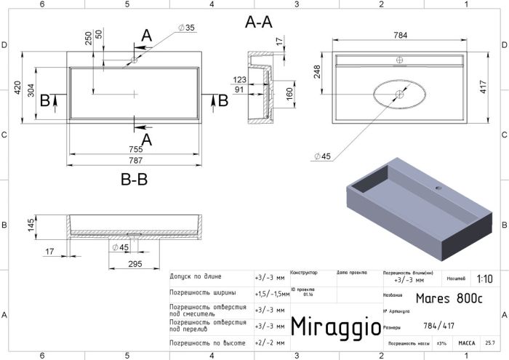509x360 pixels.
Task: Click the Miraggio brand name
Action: (335, 327)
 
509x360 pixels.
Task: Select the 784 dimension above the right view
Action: (401, 34)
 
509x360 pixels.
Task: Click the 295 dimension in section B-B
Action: (135, 263)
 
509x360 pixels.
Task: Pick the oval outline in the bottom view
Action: (401, 95)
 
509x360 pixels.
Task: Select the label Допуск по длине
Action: (196, 277)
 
